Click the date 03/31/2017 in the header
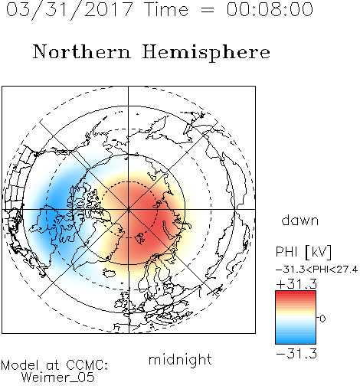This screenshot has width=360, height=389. coord(69,10)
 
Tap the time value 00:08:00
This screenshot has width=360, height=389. coord(270,9)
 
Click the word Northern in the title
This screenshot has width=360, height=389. coord(82,51)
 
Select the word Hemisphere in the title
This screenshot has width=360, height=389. coord(206,53)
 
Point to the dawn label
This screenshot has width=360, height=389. coord(300,220)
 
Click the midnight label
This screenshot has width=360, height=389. coord(180,360)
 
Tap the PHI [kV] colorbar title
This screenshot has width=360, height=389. coord(303,252)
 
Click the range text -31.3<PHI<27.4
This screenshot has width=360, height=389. coord(316,270)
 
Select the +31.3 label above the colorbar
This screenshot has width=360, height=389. coord(296,284)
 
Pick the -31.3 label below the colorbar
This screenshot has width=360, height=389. coord(296,354)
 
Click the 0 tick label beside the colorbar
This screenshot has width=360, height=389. coord(322,319)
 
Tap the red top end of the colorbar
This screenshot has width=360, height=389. coord(296,293)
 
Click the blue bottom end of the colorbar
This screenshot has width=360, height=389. coord(296,342)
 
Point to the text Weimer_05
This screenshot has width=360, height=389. coord(58,378)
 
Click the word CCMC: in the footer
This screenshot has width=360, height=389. coord(87,365)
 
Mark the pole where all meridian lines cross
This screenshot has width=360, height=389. coord(129,209)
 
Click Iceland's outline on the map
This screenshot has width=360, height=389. coord(110,273)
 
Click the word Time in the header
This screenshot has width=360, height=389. coord(166,9)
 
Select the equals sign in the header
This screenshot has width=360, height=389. coord(207,10)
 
